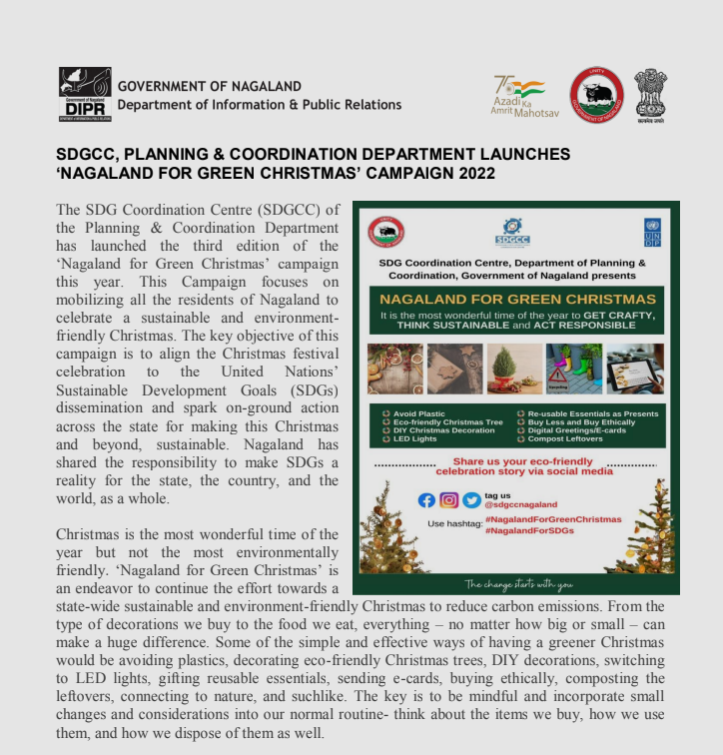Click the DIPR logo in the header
[x=84, y=95]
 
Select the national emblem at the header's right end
[x=652, y=95]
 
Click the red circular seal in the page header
[x=596, y=96]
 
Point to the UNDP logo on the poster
[x=653, y=232]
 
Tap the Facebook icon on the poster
[x=426, y=500]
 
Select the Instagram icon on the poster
[x=449, y=500]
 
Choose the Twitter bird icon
[x=471, y=500]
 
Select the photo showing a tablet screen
[x=636, y=369]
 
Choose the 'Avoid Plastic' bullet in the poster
[x=414, y=411]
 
